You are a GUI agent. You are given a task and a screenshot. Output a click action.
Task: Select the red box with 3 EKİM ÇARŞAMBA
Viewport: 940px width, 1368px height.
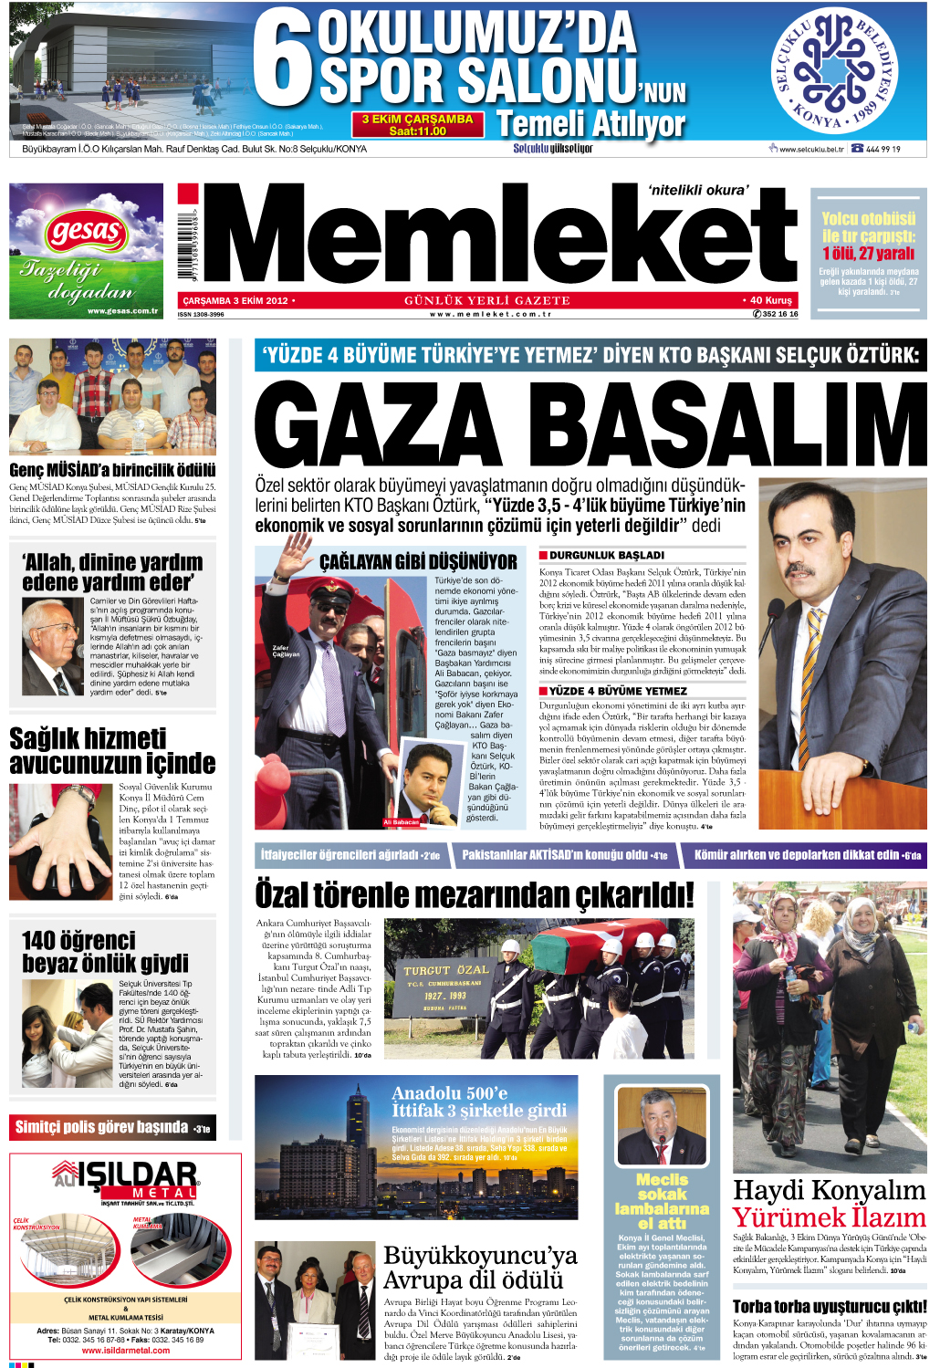(x=417, y=124)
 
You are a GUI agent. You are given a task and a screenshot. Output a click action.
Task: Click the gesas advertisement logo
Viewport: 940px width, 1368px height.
(x=86, y=233)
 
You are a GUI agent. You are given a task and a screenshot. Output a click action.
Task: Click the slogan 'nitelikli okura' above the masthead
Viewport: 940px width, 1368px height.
(x=697, y=190)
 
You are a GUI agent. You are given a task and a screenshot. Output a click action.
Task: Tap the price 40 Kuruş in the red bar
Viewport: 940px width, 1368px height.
(x=768, y=299)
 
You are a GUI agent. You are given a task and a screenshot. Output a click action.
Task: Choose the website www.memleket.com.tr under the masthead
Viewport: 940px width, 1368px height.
(x=490, y=314)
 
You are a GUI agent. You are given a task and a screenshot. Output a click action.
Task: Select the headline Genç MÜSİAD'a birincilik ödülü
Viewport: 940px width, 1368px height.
(x=112, y=470)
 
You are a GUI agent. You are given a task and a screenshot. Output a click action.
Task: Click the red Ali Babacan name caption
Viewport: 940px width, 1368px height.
(x=401, y=822)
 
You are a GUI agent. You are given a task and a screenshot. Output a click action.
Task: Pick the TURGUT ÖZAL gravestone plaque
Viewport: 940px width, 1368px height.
(x=446, y=984)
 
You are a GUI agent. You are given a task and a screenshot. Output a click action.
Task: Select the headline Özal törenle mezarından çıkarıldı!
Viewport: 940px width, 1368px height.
(x=475, y=894)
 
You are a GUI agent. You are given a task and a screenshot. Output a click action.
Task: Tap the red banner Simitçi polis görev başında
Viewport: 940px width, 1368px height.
(x=111, y=1127)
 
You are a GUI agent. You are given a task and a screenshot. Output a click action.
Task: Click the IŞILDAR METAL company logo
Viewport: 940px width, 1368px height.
(x=125, y=1178)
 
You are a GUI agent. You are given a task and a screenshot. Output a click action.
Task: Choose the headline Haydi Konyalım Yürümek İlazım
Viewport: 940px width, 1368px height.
(x=830, y=1204)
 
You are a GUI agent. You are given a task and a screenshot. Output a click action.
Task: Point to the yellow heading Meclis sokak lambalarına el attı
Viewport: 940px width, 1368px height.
(x=662, y=1201)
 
